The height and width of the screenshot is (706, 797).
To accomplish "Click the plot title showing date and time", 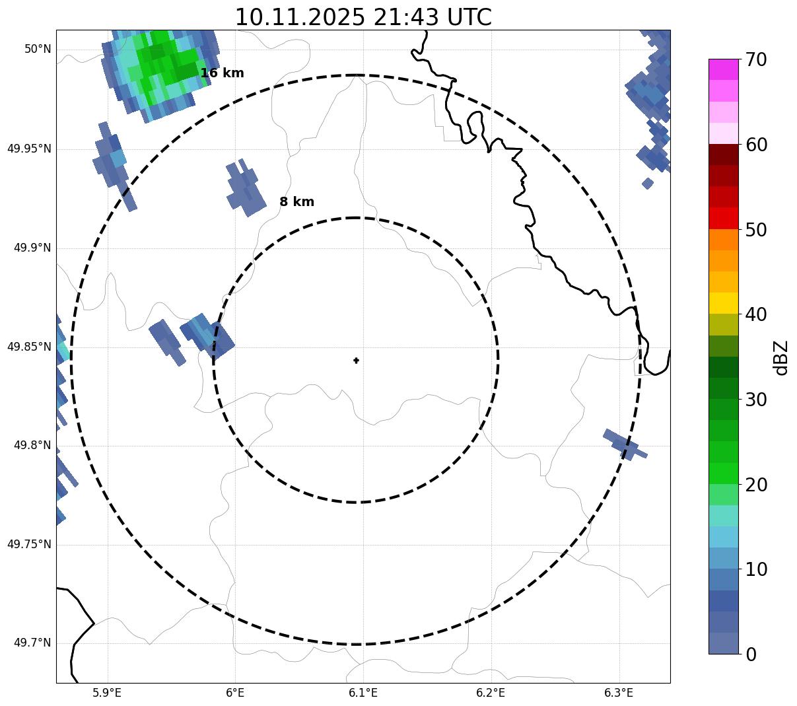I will coord(363,17).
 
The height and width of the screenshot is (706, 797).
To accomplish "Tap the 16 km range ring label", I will coord(222,73).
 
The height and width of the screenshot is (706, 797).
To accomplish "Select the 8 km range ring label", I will coord(296,202).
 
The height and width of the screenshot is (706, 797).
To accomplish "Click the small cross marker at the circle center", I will coord(356,361).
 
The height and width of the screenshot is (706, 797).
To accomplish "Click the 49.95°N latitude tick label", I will coord(29,149).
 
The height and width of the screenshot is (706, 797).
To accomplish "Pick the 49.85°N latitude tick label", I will coord(29,347).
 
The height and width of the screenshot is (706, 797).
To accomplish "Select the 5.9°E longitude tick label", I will coord(107,693).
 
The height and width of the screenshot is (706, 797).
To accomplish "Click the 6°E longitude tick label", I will coord(235,693).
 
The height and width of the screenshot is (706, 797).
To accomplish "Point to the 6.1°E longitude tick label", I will coord(363,693).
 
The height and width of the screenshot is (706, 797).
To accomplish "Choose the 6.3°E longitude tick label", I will coord(619,693).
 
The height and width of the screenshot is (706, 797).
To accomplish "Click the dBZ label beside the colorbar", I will coord(781,357).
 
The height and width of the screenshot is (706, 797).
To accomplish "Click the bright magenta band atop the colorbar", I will coord(723,69).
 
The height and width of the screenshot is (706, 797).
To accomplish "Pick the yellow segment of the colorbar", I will coord(723,303).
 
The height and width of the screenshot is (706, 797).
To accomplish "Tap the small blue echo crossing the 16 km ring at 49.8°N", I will coord(623,444).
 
